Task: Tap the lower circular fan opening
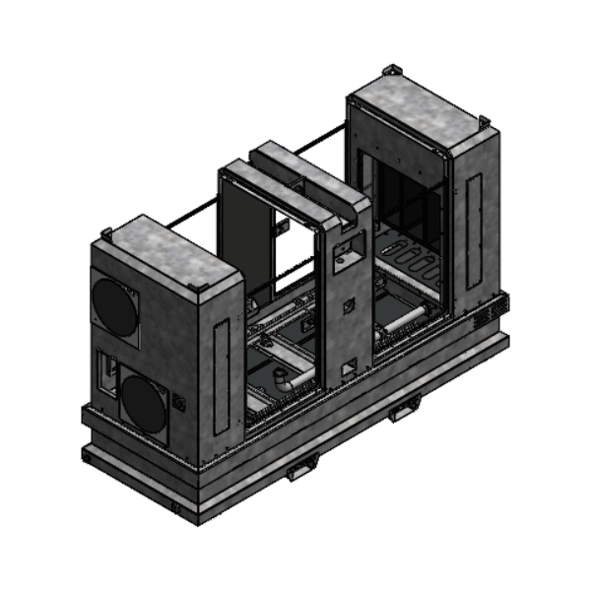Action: pos(144,405)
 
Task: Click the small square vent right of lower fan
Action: pos(179,402)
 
